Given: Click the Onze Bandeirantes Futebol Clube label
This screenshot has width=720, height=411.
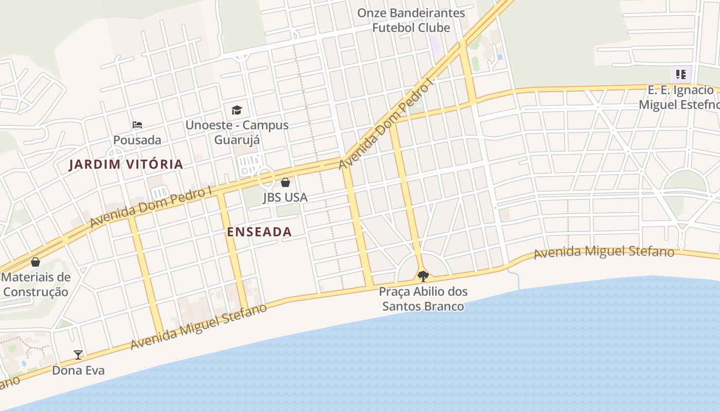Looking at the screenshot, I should (x=411, y=21).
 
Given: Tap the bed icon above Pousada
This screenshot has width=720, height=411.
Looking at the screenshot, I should (x=137, y=125).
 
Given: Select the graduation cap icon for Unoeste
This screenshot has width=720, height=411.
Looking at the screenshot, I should (x=237, y=110).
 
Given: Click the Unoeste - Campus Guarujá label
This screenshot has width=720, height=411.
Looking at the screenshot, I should (x=237, y=133).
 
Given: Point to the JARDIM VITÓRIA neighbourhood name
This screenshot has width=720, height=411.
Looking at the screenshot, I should (x=127, y=164).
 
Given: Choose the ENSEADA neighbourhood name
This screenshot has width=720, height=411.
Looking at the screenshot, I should (x=259, y=232).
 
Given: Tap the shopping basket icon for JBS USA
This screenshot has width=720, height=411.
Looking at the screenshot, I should (x=285, y=182).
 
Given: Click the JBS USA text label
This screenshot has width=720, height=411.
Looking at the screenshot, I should (x=285, y=197).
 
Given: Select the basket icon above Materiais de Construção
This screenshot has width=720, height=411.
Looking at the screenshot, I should (x=35, y=262).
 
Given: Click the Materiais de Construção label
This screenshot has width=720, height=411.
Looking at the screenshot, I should (x=35, y=285).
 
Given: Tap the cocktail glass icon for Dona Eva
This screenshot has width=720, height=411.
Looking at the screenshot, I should (x=78, y=354).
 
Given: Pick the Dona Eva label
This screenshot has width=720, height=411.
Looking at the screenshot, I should (x=78, y=370).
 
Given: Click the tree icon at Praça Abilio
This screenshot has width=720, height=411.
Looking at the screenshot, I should (x=423, y=276).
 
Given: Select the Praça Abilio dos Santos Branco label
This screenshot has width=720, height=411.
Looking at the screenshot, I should (x=423, y=299).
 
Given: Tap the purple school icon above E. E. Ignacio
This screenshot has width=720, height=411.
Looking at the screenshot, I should (x=681, y=74).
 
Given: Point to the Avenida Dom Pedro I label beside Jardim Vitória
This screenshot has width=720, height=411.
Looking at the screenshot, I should (x=151, y=207).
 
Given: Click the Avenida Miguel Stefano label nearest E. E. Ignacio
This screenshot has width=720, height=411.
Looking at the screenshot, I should (x=604, y=252).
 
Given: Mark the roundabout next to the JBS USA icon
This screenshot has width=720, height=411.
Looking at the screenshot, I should (x=266, y=178).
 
